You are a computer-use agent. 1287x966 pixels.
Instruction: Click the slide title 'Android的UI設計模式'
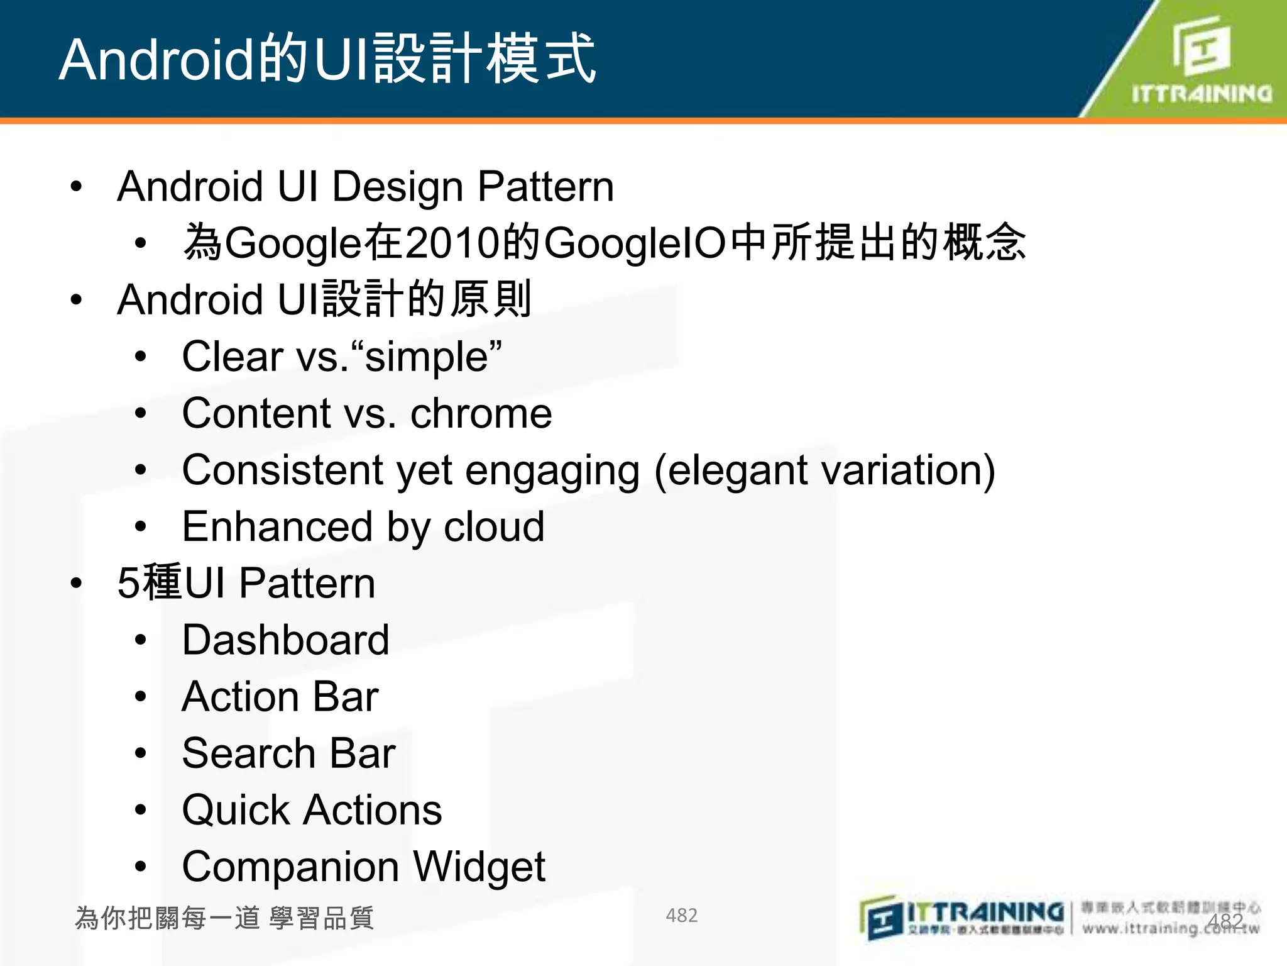(327, 59)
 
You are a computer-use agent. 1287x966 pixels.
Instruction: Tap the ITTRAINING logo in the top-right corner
(1200, 60)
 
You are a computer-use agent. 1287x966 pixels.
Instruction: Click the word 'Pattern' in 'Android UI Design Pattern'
(545, 187)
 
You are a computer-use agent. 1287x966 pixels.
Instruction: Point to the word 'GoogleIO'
(635, 243)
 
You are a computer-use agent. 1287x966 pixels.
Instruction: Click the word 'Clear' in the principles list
(232, 357)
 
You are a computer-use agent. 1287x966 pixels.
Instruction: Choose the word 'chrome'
(481, 413)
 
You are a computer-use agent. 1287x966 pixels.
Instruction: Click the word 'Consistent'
(282, 470)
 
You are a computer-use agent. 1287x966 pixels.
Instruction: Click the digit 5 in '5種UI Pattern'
(128, 583)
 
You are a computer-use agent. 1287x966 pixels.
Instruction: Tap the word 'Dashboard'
(285, 640)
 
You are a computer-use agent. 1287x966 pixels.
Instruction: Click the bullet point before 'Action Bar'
(141, 696)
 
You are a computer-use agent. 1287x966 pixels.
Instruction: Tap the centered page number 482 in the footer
(681, 915)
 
